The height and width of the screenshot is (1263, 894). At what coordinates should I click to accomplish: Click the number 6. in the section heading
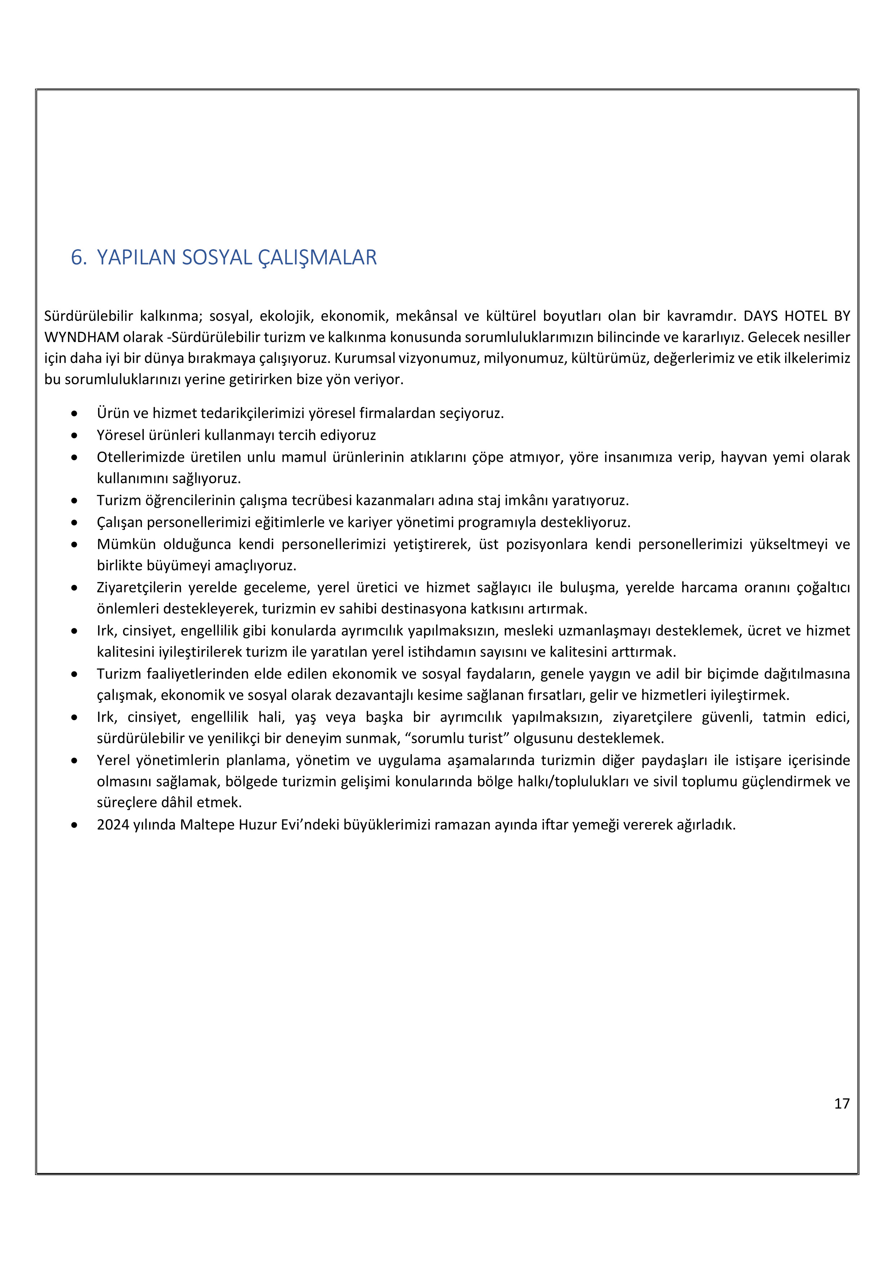pyautogui.click(x=78, y=257)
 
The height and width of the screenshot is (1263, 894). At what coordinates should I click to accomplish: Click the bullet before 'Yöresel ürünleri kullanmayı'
pyautogui.click(x=74, y=436)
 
